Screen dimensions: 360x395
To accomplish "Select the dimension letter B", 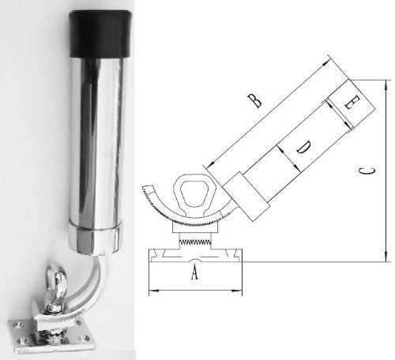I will click(x=253, y=100).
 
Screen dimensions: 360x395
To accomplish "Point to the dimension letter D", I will click(x=303, y=147).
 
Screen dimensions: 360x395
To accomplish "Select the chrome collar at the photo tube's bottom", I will click(x=97, y=235).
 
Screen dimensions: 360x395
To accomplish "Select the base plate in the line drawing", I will click(x=195, y=254).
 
